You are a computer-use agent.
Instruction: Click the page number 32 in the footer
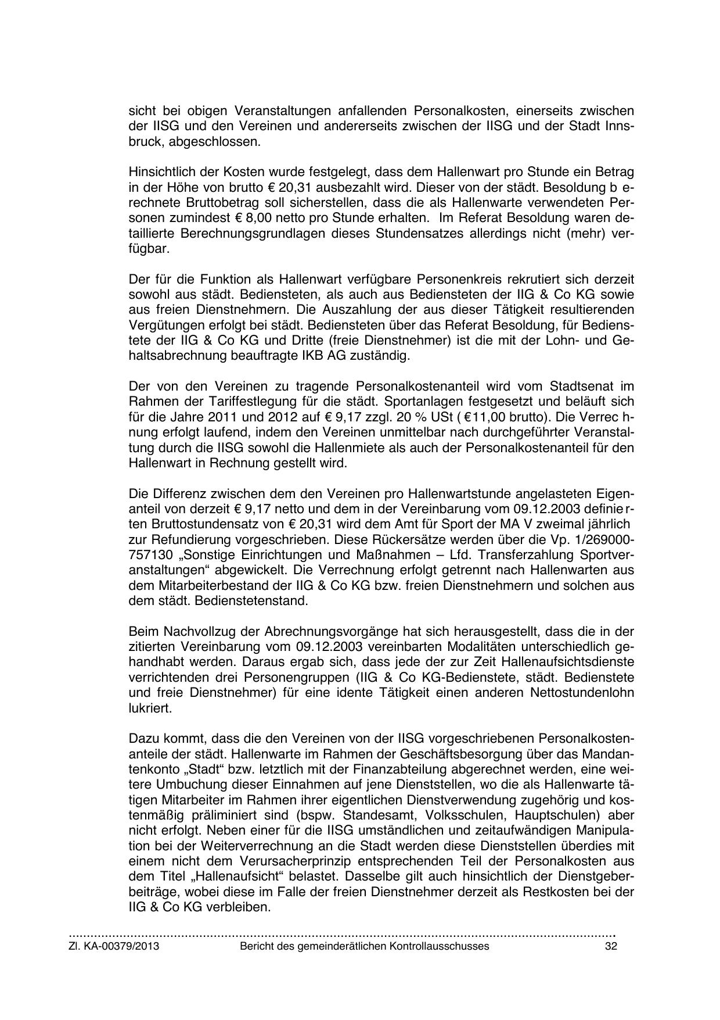pyautogui.click(x=610, y=946)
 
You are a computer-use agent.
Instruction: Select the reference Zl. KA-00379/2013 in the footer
pyautogui.click(x=114, y=946)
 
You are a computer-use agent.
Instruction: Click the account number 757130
pyautogui.click(x=149, y=555)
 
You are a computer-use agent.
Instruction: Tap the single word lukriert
pyautogui.click(x=150, y=708)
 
